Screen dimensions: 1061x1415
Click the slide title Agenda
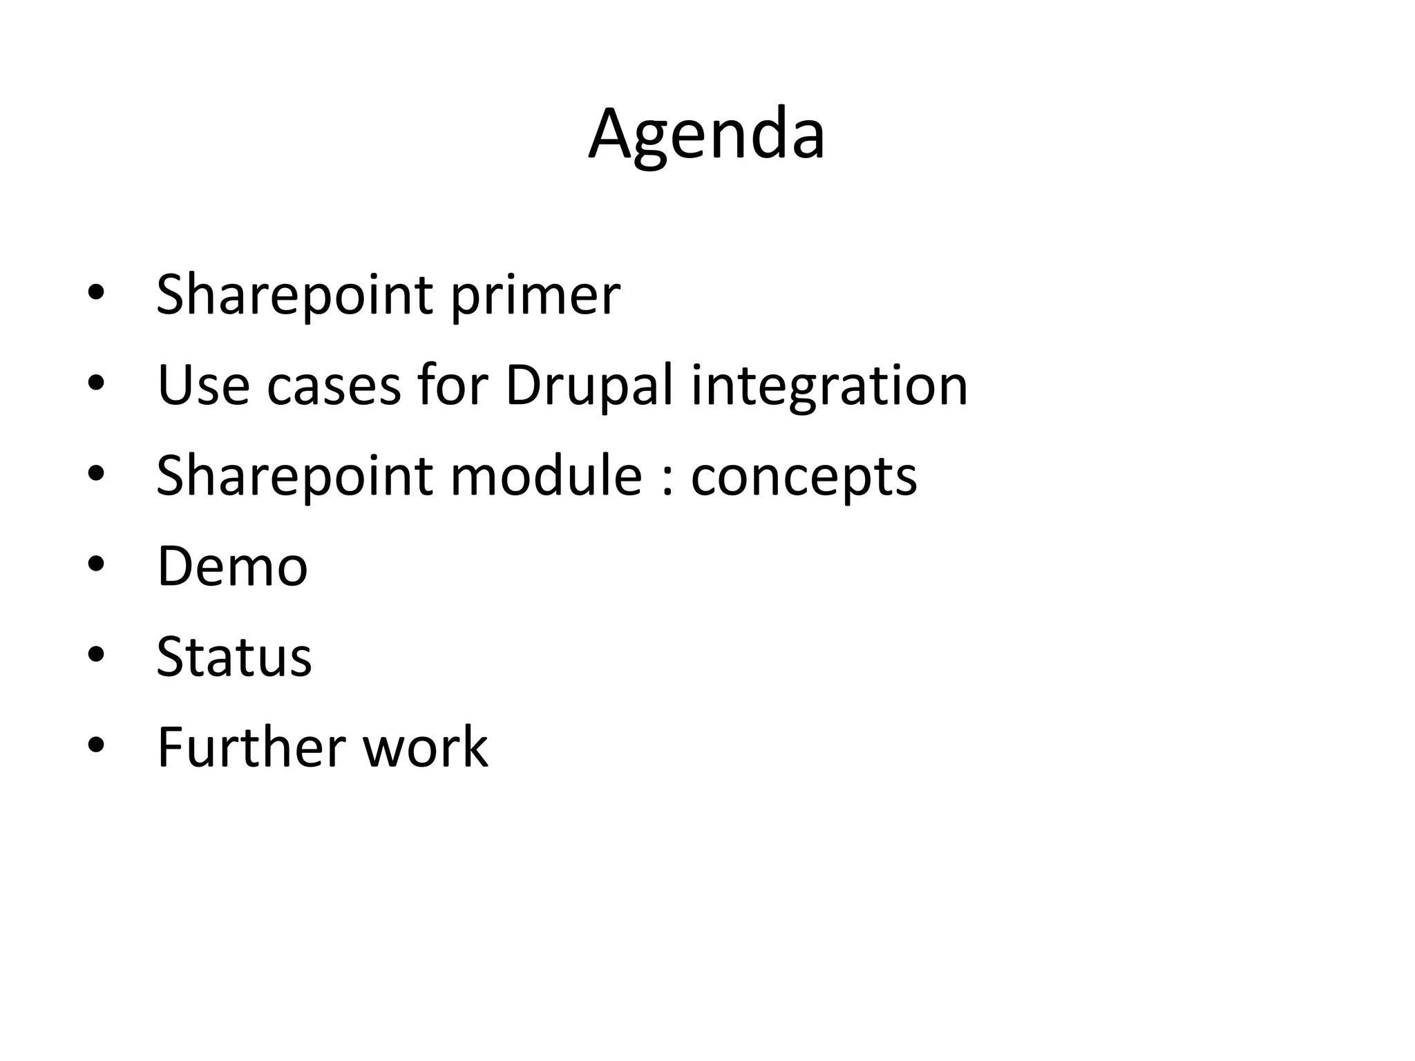706,135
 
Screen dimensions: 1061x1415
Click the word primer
535,296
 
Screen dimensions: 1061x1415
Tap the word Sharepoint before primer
295,296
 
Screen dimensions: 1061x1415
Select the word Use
203,385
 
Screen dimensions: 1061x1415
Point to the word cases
334,385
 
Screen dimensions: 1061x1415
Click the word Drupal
589,385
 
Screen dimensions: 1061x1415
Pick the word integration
829,385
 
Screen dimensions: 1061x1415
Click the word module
547,476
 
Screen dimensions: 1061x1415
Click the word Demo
232,566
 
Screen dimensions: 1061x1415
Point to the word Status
234,656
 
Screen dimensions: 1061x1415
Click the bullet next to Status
96,656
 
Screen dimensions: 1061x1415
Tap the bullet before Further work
96,746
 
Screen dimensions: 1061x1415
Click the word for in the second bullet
453,385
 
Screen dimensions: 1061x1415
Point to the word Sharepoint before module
295,476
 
